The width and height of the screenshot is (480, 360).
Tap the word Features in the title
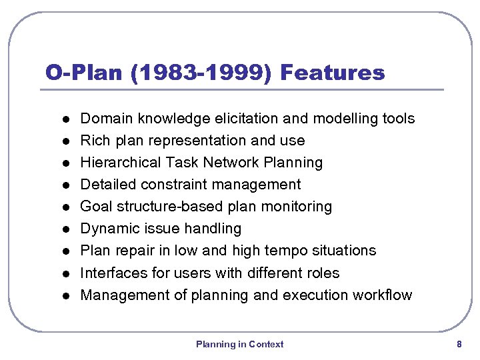click(333, 73)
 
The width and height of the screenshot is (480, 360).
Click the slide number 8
click(459, 344)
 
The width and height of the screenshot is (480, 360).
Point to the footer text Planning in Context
click(239, 344)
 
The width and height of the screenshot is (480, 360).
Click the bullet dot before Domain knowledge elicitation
click(58, 119)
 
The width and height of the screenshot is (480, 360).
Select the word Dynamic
click(109, 229)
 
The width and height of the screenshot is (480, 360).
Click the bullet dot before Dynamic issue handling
click(58, 229)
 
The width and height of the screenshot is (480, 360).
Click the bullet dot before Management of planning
click(58, 295)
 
